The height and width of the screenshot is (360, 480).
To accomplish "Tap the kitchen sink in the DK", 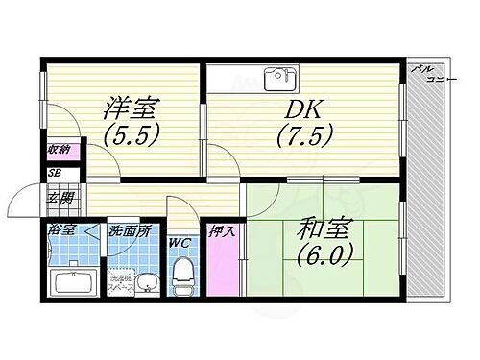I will pyautogui.click(x=278, y=76).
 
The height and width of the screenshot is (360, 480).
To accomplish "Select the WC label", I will pyautogui.click(x=179, y=244).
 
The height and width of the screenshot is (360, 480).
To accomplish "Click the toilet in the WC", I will pyautogui.click(x=180, y=278).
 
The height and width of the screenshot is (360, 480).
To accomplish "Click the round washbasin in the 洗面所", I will pyautogui.click(x=147, y=284).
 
